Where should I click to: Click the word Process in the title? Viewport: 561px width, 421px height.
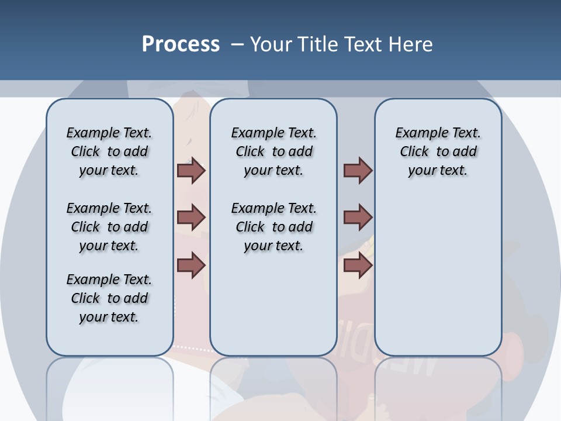point(181,44)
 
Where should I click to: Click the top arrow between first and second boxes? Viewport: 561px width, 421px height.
point(191,170)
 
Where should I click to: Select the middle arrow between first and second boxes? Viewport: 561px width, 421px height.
point(191,218)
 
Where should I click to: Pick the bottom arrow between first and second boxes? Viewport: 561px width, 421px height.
point(191,265)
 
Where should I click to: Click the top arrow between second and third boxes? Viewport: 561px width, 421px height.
point(358,170)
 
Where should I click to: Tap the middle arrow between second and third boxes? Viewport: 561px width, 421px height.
point(358,218)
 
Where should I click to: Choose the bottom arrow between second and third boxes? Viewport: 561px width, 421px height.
point(358,265)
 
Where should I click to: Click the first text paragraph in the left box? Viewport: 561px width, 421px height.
point(109,151)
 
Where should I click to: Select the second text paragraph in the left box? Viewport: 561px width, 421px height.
point(109,227)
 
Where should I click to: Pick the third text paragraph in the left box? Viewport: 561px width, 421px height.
point(109,298)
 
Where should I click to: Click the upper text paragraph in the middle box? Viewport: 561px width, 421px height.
point(273,151)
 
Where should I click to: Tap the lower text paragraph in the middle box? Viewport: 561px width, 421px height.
point(273,227)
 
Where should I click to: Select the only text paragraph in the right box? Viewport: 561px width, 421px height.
point(438,151)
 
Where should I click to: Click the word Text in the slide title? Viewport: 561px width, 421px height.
point(363,44)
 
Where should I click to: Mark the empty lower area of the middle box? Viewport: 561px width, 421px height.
point(273,304)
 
